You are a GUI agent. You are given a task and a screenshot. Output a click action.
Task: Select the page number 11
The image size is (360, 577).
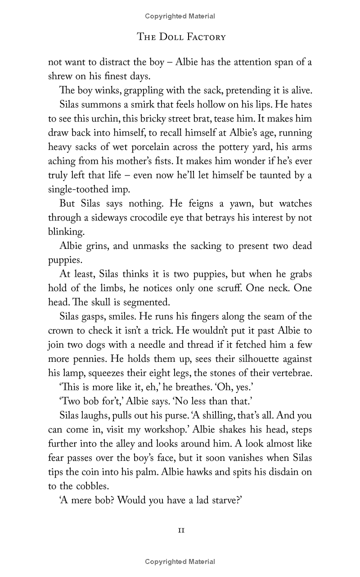tap(180, 530)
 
